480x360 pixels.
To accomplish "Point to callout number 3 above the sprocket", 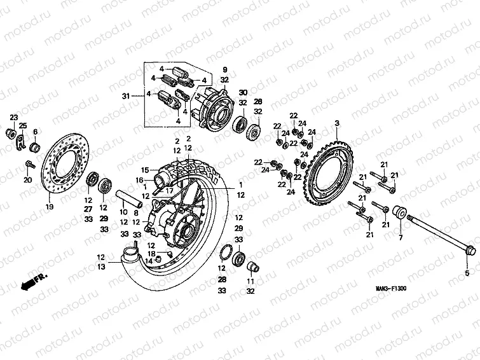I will tap(337, 123).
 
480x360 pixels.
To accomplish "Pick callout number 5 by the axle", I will tap(469, 273).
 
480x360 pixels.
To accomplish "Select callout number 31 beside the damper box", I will tap(125, 95).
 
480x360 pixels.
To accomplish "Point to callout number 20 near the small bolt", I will tap(27, 180).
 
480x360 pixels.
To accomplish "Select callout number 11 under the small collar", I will tap(250, 281).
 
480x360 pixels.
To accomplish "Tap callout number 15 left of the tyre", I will tap(144, 170).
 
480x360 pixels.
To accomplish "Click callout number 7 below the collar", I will tap(401, 237).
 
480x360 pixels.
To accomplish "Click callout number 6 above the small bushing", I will tap(35, 131).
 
